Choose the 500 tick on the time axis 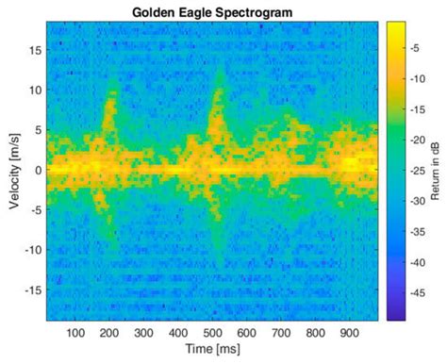(210, 333)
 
